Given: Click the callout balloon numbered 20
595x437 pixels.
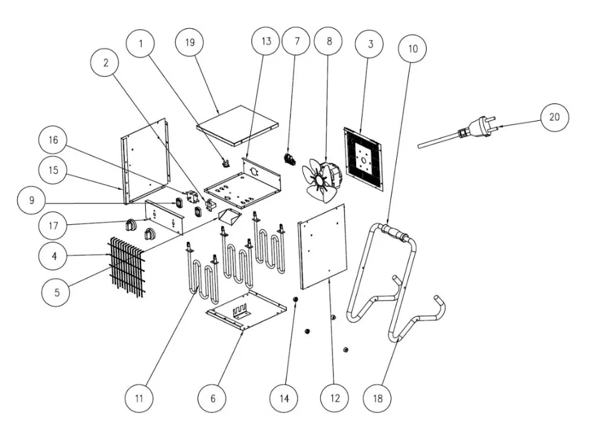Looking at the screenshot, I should (554, 117).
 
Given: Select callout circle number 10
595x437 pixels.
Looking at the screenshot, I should (413, 49).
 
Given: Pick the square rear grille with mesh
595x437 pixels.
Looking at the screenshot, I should (364, 158).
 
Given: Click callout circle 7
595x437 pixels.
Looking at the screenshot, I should (297, 42).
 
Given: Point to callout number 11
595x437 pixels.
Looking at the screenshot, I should (141, 399).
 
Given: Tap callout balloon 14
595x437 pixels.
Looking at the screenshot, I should (285, 399).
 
